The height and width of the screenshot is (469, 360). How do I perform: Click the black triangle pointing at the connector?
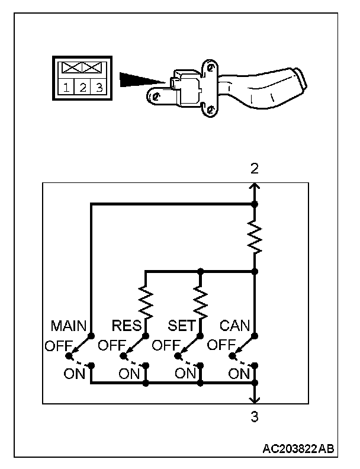point(139,80)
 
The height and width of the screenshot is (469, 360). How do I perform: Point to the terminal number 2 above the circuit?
point(255,168)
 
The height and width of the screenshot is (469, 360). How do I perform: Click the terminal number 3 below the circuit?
point(255,417)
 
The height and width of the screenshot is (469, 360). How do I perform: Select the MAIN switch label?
point(69,326)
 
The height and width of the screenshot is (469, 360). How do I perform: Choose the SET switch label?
point(181,326)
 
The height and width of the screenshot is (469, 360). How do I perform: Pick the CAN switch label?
point(235,326)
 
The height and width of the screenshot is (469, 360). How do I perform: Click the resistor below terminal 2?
point(255,237)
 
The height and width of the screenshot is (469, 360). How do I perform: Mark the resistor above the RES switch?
point(146,300)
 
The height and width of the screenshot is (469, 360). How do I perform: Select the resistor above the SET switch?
point(201,300)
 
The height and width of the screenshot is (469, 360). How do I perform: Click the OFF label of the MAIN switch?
point(56,345)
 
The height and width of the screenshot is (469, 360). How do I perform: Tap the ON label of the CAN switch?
point(239,373)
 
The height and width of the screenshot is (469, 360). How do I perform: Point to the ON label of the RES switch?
point(129,373)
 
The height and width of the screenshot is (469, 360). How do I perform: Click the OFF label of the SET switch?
point(165,345)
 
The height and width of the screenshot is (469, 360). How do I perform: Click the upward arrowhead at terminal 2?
point(255,187)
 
